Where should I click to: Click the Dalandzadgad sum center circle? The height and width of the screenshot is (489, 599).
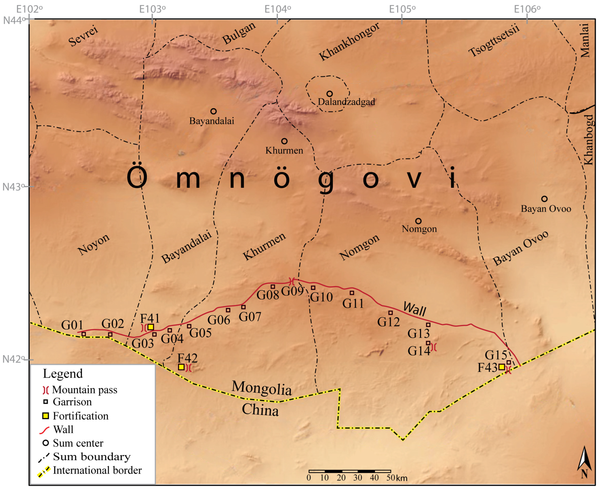click(329, 94)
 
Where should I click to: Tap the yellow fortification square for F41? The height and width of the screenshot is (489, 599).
click(151, 327)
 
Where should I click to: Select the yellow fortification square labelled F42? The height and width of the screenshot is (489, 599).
click(181, 367)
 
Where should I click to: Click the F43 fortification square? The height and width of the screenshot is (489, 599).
click(502, 367)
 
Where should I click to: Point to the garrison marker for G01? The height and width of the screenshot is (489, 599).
click(84, 334)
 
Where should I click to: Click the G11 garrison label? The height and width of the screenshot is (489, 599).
click(353, 304)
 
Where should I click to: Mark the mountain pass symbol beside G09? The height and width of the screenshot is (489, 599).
click(292, 281)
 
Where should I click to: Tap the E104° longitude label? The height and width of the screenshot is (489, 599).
click(277, 9)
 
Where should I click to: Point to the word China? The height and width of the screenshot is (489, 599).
click(260, 410)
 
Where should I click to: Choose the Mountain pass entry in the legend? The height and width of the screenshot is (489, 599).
click(80, 390)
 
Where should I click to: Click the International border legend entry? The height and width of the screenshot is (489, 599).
click(90, 470)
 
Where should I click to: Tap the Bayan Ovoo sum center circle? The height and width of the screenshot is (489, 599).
click(544, 199)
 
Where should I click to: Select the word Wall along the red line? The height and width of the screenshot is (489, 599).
click(414, 309)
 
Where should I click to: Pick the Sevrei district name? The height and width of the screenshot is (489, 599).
click(83, 36)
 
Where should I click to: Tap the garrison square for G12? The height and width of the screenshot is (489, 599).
click(390, 313)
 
